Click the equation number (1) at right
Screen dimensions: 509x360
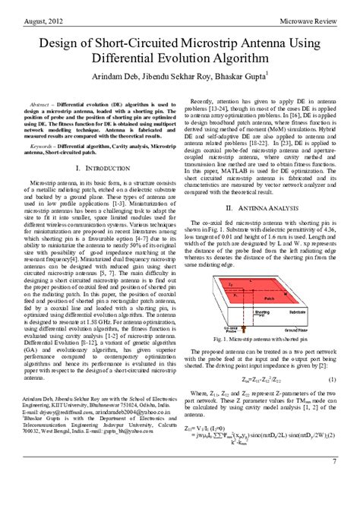click(x=332, y=378)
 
